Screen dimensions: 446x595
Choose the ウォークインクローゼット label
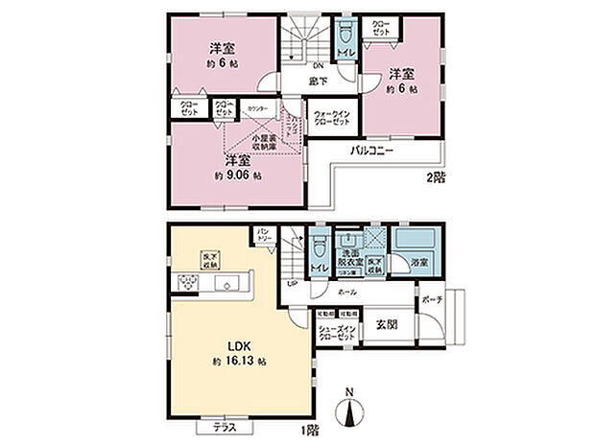pyautogui.click(x=333, y=119)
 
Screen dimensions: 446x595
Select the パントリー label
pyautogui.click(x=266, y=234)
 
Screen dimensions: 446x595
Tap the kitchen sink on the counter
pyautogui.click(x=229, y=283)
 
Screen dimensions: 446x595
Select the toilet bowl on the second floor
pyautogui.click(x=345, y=35)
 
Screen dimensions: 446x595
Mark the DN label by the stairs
pyautogui.click(x=303, y=65)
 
